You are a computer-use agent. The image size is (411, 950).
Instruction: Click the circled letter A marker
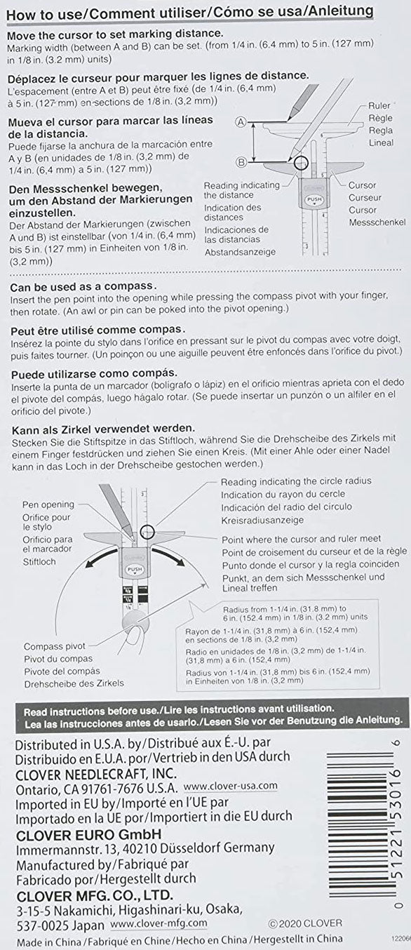(241, 121)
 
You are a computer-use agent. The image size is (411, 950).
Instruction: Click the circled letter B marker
(241, 161)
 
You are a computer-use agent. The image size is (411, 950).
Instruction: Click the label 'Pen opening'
(48, 504)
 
